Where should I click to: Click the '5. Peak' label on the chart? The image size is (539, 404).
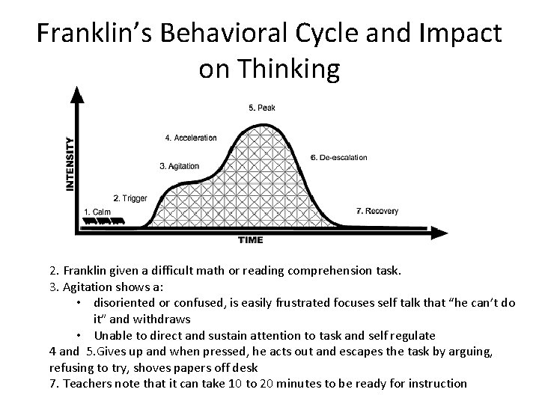pos(262,108)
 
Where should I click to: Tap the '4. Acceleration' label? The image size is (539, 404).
pos(190,138)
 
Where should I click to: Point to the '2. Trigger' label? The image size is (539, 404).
pos(130,198)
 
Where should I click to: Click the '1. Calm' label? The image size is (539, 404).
pos(97,212)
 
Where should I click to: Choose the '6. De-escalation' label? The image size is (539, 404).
pos(338,158)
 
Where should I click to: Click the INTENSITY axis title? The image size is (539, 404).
pos(71,163)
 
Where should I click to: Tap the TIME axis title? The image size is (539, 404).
pos(250,240)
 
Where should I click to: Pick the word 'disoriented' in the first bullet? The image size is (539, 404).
pos(126,302)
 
